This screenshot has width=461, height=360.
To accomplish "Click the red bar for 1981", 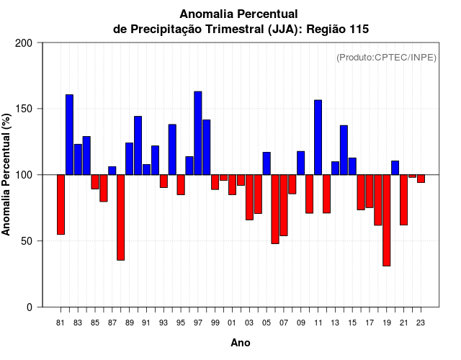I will (61, 204).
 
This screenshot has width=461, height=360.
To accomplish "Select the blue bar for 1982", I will (69, 135).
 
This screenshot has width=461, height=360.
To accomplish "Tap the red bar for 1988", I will (120, 217).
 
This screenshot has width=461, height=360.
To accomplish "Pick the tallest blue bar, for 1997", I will (197, 133).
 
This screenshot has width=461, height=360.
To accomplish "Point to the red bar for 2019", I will (386, 220).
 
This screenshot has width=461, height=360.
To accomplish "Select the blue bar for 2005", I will (267, 163).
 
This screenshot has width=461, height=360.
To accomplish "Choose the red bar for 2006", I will (275, 209).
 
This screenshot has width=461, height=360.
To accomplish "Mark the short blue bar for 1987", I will (112, 171).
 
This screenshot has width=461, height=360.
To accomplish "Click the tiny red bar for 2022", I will (412, 176).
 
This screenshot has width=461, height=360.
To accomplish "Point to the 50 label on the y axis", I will (27, 241).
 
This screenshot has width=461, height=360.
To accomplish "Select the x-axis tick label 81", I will (61, 323).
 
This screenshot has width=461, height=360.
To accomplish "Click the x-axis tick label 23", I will (421, 323).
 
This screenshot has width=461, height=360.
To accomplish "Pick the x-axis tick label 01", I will (232, 323).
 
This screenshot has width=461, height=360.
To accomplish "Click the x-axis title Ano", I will (241, 343).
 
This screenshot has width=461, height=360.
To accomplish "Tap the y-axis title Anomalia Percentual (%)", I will (6, 175).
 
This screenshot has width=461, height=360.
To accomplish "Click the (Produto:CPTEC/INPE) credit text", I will (386, 58).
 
